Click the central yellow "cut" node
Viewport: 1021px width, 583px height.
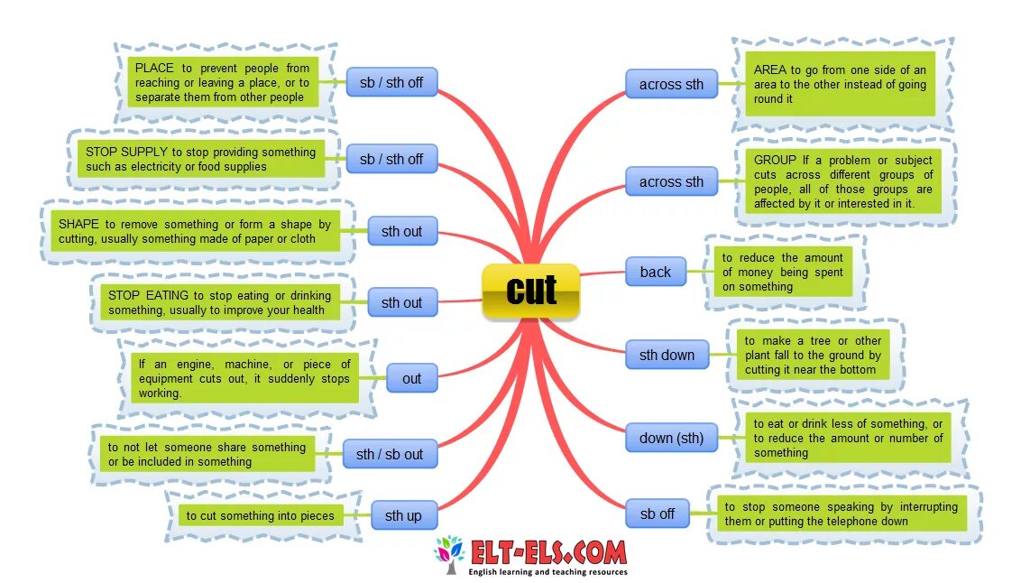click(x=531, y=291)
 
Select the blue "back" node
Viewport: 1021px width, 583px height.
click(x=655, y=272)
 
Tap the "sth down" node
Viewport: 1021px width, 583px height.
click(x=667, y=355)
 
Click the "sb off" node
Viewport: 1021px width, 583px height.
click(x=657, y=514)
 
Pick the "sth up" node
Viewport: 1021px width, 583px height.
click(x=403, y=515)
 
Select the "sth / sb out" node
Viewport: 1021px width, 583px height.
click(x=390, y=454)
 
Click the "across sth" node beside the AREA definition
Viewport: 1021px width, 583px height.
click(x=671, y=84)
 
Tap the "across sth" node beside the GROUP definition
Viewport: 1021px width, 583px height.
click(x=671, y=181)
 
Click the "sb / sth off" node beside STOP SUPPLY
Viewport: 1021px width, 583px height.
click(x=391, y=159)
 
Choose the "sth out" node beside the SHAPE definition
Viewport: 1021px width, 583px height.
click(x=401, y=231)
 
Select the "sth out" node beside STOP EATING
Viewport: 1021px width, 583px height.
click(x=401, y=302)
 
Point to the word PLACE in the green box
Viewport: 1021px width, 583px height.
click(x=154, y=68)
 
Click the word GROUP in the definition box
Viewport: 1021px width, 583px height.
click(x=775, y=160)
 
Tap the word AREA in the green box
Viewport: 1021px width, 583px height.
click(x=770, y=69)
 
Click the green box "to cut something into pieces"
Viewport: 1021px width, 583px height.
click(x=261, y=515)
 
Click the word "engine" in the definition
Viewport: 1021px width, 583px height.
click(x=189, y=364)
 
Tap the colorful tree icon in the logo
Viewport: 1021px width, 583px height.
click(x=448, y=553)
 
